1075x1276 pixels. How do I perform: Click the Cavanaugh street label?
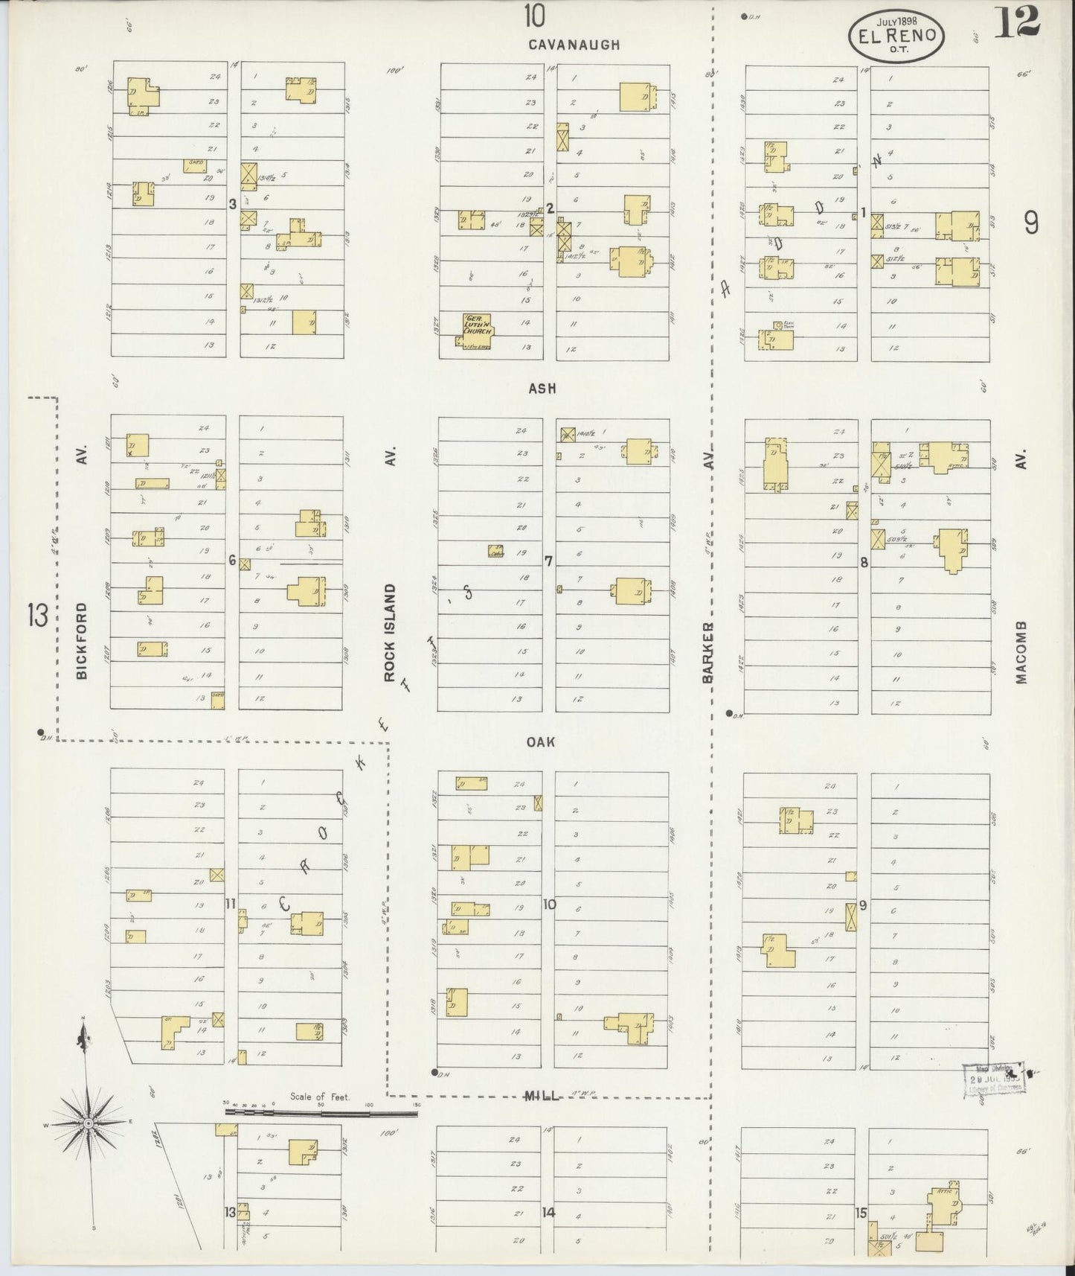[574, 45]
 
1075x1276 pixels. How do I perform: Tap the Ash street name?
[542, 388]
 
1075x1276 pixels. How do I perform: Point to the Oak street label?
[541, 742]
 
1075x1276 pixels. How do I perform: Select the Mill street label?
[542, 1095]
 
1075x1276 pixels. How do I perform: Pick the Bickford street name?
[81, 640]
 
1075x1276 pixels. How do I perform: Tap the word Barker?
[707, 652]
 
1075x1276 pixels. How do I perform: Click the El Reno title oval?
[897, 36]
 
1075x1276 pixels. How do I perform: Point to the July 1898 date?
[897, 22]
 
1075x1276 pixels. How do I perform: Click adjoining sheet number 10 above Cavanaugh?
[533, 15]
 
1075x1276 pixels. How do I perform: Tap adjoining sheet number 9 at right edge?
[1030, 222]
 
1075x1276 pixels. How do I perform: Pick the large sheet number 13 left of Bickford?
[38, 616]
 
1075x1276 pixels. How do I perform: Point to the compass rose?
[89, 1123]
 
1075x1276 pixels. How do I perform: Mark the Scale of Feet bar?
[321, 1113]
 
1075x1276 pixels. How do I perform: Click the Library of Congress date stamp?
[993, 1079]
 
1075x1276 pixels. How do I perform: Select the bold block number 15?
[861, 1213]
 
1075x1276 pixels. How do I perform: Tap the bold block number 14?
[548, 1213]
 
